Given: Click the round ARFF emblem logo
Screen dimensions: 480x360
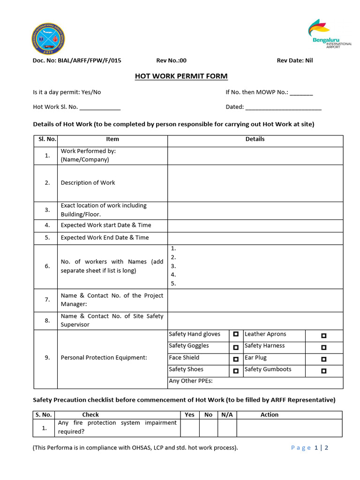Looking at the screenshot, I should (48, 39).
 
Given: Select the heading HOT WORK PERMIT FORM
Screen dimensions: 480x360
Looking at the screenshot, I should (181, 76).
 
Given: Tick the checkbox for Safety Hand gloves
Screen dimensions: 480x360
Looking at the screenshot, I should (236, 334).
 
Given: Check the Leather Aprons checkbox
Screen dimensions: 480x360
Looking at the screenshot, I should (323, 336).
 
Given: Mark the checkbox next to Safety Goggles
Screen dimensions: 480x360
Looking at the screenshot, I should (236, 347).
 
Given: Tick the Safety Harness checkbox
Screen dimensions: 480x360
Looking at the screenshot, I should (323, 347).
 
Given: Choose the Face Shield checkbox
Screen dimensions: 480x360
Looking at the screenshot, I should (236, 359).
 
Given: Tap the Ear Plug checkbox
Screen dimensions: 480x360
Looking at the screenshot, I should (323, 359).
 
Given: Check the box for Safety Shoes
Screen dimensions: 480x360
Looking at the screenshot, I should (236, 371).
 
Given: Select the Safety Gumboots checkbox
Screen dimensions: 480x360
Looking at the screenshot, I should (323, 371).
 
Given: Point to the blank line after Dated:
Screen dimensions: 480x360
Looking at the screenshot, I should (284, 107).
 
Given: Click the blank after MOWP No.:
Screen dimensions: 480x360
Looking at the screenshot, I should (301, 93).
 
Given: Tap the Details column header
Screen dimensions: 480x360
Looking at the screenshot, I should (255, 139).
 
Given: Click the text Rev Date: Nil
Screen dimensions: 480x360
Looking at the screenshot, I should (295, 60).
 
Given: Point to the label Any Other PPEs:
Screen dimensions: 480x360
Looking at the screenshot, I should (190, 381).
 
